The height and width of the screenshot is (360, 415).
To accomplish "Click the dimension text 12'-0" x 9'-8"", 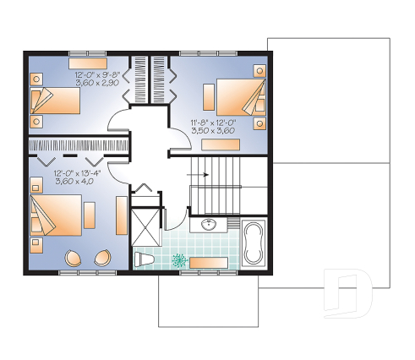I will tap(98, 75).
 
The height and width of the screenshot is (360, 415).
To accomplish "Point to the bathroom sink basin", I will tap(209, 224).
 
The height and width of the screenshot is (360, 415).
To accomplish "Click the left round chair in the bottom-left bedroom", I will tap(74, 258).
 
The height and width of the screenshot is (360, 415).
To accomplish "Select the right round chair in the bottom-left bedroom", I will tap(104, 258).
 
